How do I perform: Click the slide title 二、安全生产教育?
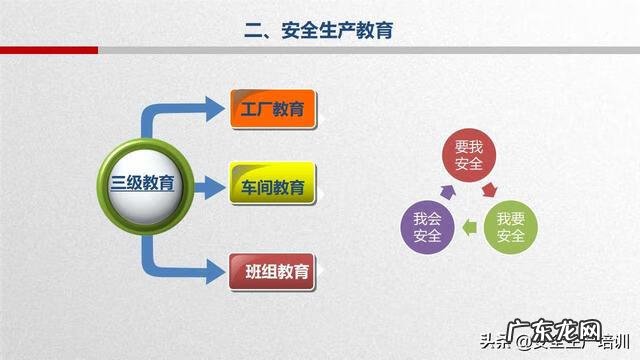click(320, 31)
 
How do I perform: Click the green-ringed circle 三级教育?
click(143, 185)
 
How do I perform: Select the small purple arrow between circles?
click(447, 189)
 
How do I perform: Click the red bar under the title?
click(49, 50)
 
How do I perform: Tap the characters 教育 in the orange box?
click(291, 109)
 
